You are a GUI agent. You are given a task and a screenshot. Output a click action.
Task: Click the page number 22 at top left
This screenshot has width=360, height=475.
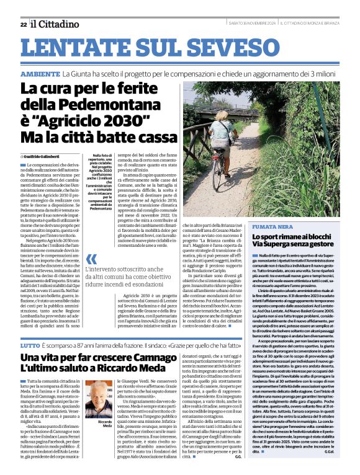click(23, 24)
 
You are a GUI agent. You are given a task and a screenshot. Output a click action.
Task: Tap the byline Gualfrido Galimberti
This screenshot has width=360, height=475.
click(44, 156)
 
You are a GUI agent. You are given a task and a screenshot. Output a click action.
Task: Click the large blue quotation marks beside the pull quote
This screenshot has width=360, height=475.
click(91, 260)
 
